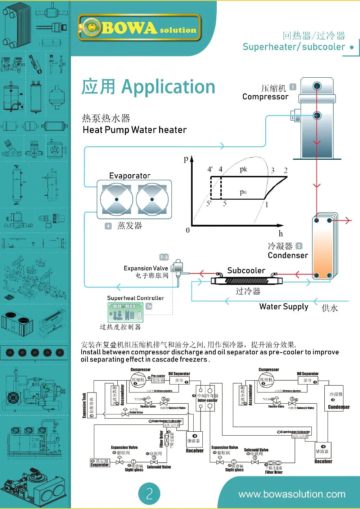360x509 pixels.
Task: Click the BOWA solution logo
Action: pyautogui.click(x=139, y=27)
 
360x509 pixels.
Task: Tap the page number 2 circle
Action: pyautogui.click(x=149, y=494)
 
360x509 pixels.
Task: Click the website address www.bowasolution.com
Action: pyautogui.click(x=292, y=494)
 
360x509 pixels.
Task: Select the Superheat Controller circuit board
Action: pyautogui.click(x=125, y=312)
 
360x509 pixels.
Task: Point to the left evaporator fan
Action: pyautogui.click(x=116, y=199)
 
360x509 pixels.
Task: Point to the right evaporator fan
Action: pyautogui.click(x=152, y=199)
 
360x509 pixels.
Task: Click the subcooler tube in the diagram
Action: pyautogui.click(x=247, y=280)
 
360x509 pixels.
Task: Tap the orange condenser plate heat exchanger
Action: pyautogui.click(x=324, y=248)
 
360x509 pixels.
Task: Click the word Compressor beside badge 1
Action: pyautogui.click(x=265, y=97)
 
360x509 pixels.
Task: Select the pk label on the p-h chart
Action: pyautogui.click(x=243, y=169)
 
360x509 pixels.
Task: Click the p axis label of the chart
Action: pyautogui.click(x=186, y=159)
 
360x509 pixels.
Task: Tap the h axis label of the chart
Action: pyautogui.click(x=281, y=233)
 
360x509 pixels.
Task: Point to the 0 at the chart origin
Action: pyautogui.click(x=188, y=230)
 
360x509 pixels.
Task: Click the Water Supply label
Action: pyautogui.click(x=284, y=306)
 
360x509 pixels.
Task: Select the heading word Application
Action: pyautogui.click(x=168, y=87)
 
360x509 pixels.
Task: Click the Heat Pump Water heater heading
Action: pyautogui.click(x=135, y=130)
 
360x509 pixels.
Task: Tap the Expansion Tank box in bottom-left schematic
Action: pyautogui.click(x=92, y=405)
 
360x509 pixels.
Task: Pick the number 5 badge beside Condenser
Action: pyautogui.click(x=299, y=246)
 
